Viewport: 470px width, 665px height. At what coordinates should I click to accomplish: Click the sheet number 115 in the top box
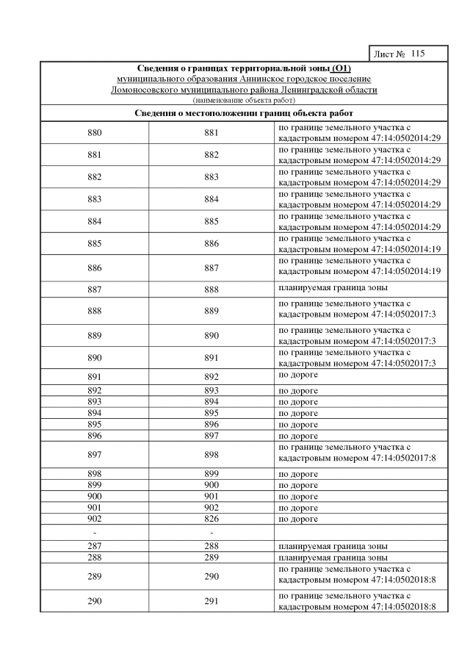(418, 54)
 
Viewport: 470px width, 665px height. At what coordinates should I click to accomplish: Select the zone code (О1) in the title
(338, 69)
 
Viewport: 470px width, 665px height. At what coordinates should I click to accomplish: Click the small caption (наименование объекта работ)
(243, 99)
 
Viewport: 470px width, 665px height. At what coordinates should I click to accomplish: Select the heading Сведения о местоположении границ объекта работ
(244, 113)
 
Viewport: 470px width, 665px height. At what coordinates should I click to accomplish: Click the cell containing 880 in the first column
(94, 132)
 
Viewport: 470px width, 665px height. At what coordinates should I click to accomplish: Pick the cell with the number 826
(211, 519)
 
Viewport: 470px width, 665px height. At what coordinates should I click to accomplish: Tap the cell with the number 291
(211, 601)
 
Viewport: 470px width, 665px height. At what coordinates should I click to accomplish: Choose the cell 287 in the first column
(94, 546)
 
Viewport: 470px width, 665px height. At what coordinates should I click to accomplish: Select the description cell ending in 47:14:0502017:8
(359, 455)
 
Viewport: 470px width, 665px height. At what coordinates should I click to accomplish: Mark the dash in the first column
(94, 532)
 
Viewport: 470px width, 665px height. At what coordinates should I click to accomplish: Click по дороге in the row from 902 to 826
(298, 519)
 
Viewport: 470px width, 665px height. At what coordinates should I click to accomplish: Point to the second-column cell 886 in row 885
(211, 242)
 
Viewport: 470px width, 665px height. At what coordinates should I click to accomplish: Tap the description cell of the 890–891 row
(359, 356)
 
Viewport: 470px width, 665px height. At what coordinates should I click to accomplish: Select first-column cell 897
(94, 455)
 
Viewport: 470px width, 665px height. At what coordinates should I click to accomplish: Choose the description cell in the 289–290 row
(359, 577)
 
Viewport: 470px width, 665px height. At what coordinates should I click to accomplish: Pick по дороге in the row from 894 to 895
(298, 413)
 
